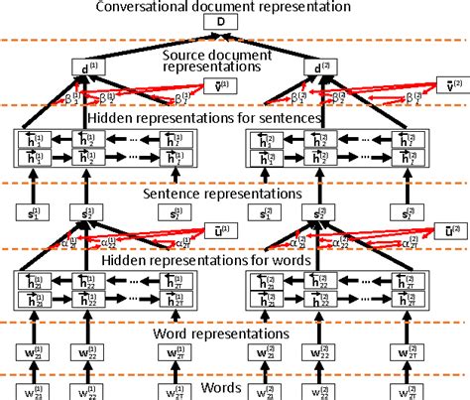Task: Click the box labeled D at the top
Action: (235, 22)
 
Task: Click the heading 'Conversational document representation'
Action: (235, 7)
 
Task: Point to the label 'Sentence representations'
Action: (235, 194)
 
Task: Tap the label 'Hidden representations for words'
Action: (235, 261)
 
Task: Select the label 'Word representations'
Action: (235, 333)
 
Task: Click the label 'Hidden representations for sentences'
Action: (235, 118)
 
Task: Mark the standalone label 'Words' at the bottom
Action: (235, 385)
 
